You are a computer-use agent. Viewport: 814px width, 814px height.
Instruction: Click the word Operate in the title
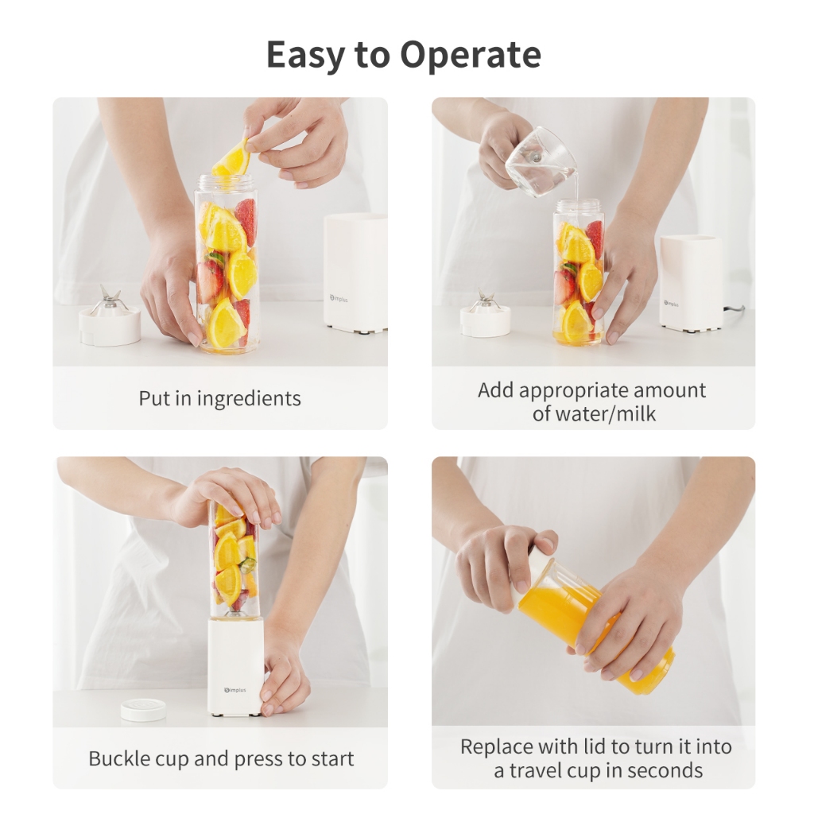(471, 55)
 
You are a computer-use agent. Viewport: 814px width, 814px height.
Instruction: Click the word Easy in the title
(305, 55)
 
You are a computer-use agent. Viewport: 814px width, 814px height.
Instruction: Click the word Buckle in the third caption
(118, 758)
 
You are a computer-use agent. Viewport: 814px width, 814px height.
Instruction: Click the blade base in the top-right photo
(486, 315)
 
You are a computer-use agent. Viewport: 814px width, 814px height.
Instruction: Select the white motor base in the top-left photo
(355, 273)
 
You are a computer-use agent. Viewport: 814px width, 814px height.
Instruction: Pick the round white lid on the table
(144, 710)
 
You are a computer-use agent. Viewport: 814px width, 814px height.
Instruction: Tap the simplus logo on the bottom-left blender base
(235, 691)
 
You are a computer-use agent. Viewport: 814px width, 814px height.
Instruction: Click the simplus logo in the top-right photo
(671, 303)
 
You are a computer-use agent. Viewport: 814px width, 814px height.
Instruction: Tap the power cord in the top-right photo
(733, 311)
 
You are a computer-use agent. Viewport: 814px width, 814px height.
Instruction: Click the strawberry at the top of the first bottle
(246, 221)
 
